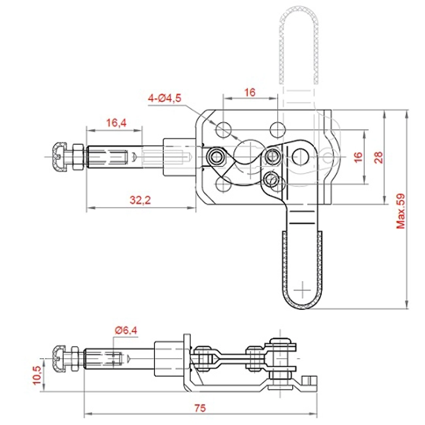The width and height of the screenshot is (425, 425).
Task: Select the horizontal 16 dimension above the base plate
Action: point(249,93)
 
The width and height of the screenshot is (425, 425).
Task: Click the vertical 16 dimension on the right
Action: point(358,157)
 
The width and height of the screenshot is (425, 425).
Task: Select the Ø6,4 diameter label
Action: point(125,331)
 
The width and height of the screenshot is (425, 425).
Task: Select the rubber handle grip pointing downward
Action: point(302,268)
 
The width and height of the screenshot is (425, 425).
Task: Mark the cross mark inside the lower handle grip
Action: point(302,288)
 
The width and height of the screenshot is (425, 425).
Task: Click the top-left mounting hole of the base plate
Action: point(224,127)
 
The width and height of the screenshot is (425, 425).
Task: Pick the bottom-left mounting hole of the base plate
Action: point(224,185)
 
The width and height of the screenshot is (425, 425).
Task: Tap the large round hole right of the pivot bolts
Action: point(301,156)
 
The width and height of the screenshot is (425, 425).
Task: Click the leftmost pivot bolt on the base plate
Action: point(214,157)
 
